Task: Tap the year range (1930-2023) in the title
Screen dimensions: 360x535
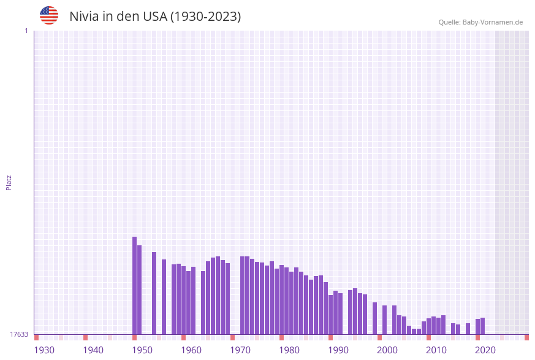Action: point(205,17)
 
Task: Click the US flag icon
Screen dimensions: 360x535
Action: point(49,15)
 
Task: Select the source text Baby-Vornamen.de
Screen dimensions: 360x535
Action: point(493,22)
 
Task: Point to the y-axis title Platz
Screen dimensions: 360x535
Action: point(9,182)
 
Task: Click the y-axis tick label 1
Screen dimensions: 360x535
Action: point(26,31)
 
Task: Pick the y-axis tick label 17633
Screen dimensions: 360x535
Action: point(18,334)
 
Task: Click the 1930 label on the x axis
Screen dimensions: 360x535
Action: point(44,350)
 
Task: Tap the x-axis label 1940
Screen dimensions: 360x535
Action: point(93,350)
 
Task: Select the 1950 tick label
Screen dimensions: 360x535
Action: point(142,350)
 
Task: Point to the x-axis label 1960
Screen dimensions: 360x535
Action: point(191,350)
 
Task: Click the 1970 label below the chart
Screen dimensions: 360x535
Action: point(240,350)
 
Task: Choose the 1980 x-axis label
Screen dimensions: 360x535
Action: point(289,350)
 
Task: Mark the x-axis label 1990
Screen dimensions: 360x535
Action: point(338,350)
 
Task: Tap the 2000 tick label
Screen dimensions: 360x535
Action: point(387,350)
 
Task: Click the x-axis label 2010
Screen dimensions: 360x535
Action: point(436,350)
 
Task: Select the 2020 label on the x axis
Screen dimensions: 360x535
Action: point(485,350)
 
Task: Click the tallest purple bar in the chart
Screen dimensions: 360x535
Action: point(134,285)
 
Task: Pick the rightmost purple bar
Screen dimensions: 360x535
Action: point(482,326)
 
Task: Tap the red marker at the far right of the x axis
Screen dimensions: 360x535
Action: point(526,337)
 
